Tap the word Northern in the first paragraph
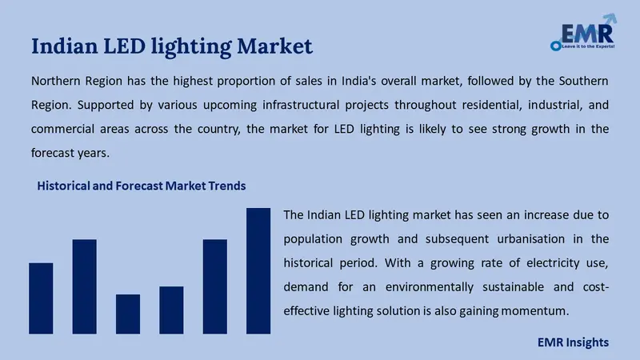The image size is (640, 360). pyautogui.click(x=56, y=82)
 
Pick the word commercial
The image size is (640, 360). pyautogui.click(x=64, y=129)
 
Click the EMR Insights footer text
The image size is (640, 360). pyautogui.click(x=572, y=342)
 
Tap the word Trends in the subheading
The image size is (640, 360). pyautogui.click(x=226, y=186)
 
